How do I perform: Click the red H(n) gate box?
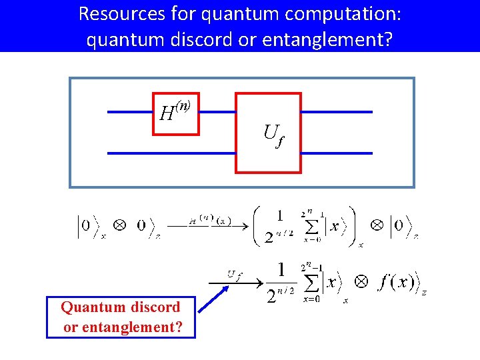point(176,113)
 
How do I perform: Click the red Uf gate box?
point(268,133)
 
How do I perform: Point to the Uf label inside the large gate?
point(271,135)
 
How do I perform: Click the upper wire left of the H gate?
point(130,112)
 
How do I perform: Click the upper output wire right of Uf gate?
point(337,112)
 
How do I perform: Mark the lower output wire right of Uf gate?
point(337,153)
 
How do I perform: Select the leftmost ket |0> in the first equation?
point(86,225)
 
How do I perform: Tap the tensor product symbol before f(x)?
point(361,282)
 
